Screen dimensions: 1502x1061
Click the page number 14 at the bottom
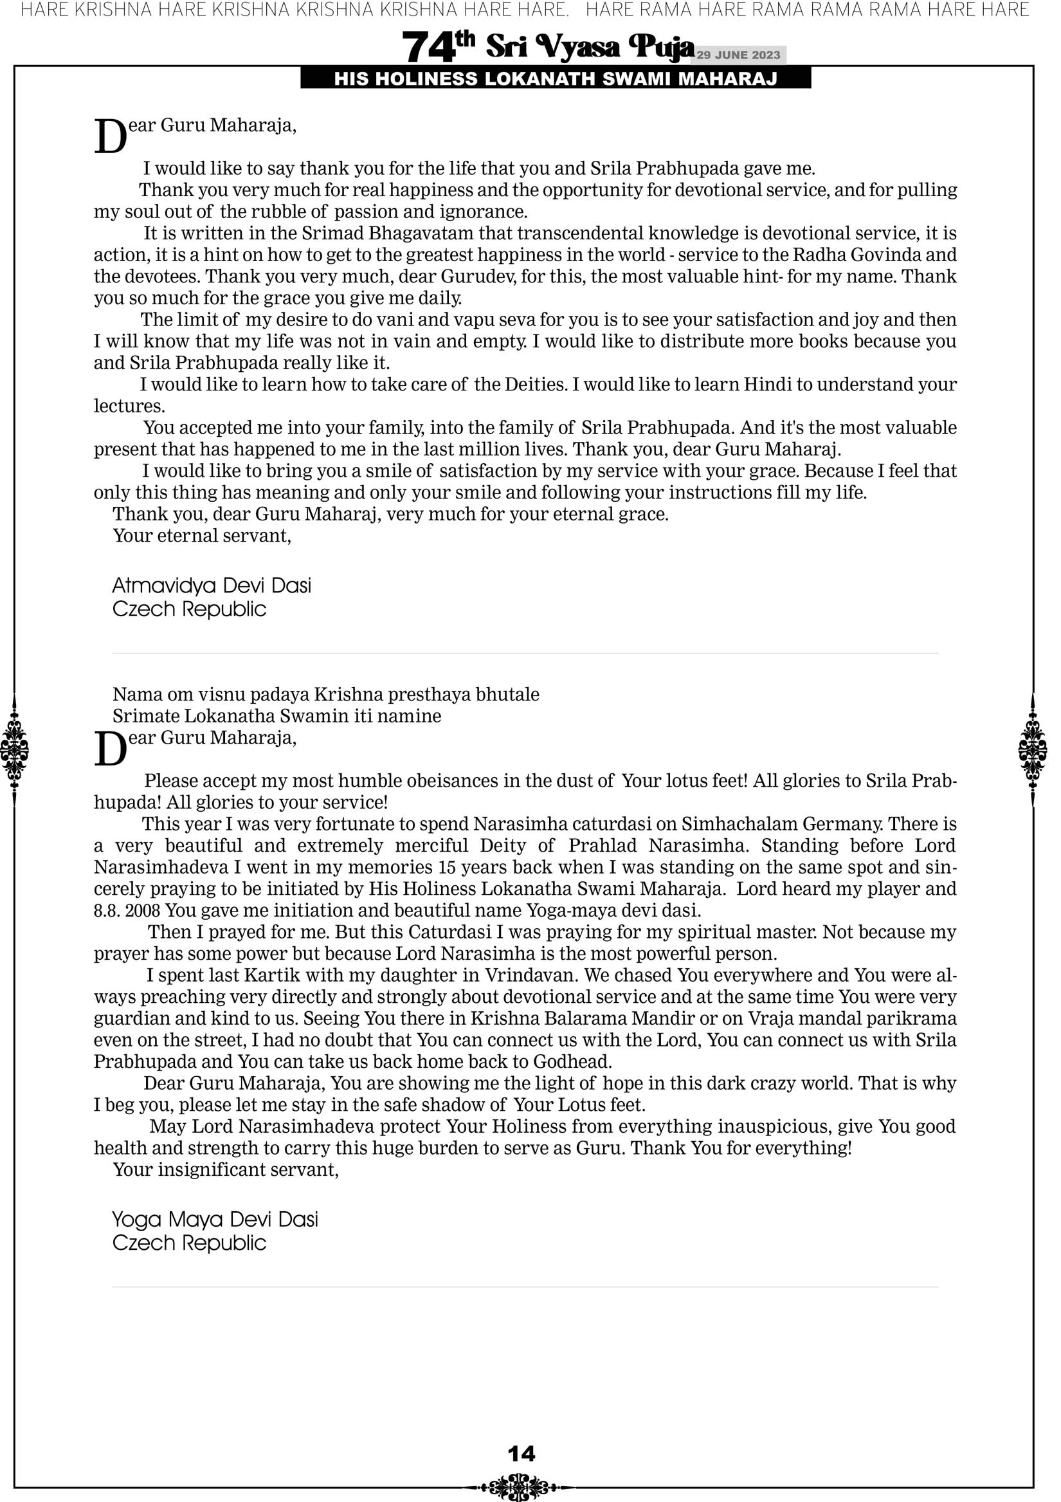521,1454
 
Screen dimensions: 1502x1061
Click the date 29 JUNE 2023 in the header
738,55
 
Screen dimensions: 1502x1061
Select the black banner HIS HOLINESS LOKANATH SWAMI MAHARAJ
556,78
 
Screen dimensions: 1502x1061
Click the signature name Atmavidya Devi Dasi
212,585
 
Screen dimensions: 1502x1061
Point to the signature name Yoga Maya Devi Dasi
215,1220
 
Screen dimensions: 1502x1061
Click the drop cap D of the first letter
110,137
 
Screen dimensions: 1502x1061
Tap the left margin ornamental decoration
14,749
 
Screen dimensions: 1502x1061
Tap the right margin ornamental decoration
1032,749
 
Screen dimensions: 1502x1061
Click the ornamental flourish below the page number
518,1487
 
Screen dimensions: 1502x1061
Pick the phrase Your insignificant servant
226,1169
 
